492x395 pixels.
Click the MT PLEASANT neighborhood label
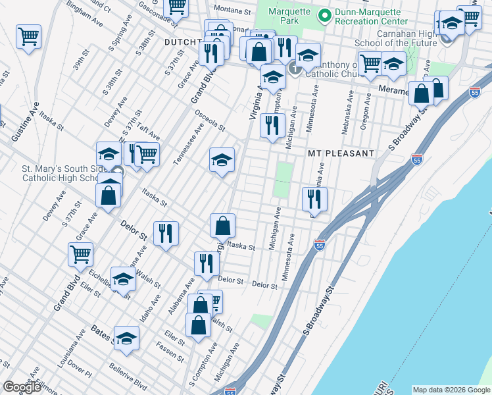pyautogui.click(x=341, y=153)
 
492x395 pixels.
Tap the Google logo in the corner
pyautogui.click(x=22, y=387)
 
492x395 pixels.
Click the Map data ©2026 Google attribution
pyautogui.click(x=451, y=390)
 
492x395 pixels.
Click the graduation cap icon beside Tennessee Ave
pyautogui.click(x=222, y=159)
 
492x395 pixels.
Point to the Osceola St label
pyautogui.click(x=209, y=118)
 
